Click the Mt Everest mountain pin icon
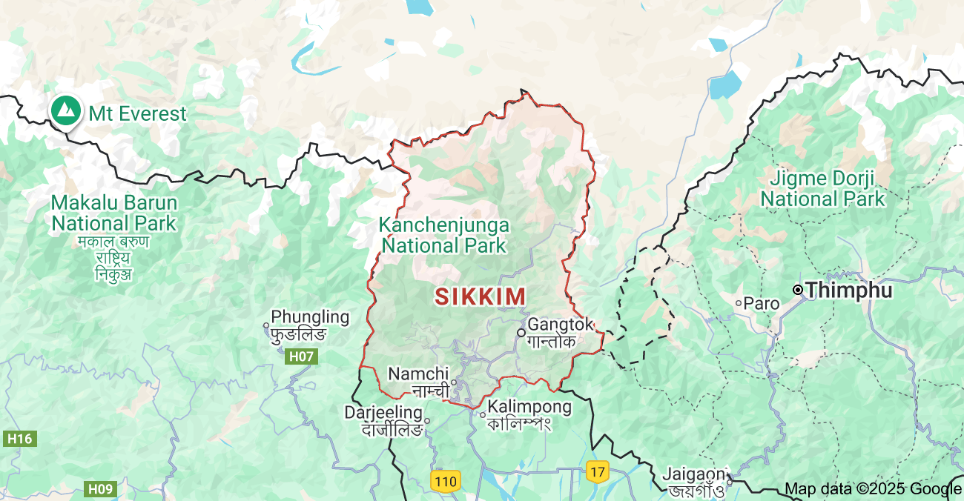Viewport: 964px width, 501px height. click(66, 110)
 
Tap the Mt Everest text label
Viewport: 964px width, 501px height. click(138, 114)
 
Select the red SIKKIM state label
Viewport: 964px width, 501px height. click(481, 296)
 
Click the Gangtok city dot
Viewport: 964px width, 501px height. click(521, 332)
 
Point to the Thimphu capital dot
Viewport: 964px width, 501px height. click(798, 290)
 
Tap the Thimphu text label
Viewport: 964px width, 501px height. click(849, 291)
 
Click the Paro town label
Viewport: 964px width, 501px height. click(762, 303)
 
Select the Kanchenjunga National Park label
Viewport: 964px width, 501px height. click(443, 235)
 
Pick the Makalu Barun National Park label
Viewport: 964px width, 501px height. click(113, 213)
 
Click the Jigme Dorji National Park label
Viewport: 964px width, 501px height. click(823, 188)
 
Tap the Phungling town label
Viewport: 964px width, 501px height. click(310, 317)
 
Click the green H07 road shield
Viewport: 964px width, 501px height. click(301, 356)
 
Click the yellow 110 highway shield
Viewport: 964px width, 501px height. click(445, 481)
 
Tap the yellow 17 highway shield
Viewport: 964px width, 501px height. click(597, 471)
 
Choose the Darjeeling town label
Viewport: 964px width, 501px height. click(383, 413)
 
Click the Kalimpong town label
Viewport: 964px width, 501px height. click(529, 407)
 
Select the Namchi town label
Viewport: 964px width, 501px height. click(419, 374)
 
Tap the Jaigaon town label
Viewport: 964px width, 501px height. click(694, 474)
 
